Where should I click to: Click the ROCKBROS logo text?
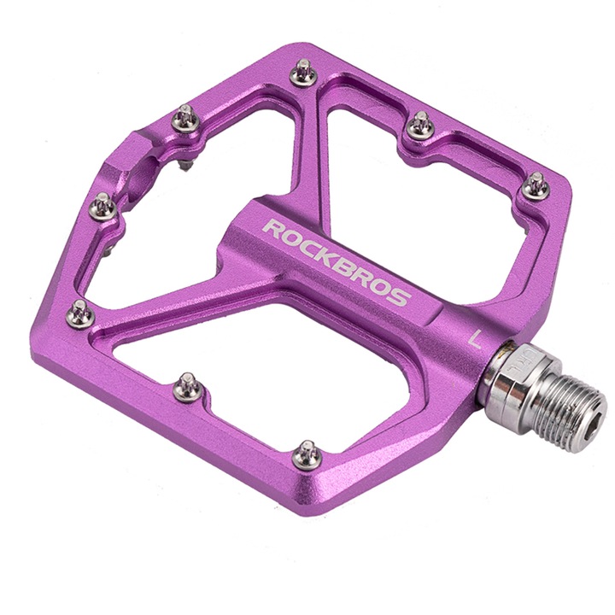pos(337,263)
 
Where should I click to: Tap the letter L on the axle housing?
pos(476,335)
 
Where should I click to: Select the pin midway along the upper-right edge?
pos(419,125)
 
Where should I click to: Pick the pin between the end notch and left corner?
pos(102,205)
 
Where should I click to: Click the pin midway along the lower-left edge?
pos(184,388)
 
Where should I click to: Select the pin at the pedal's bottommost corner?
pos(305,454)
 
